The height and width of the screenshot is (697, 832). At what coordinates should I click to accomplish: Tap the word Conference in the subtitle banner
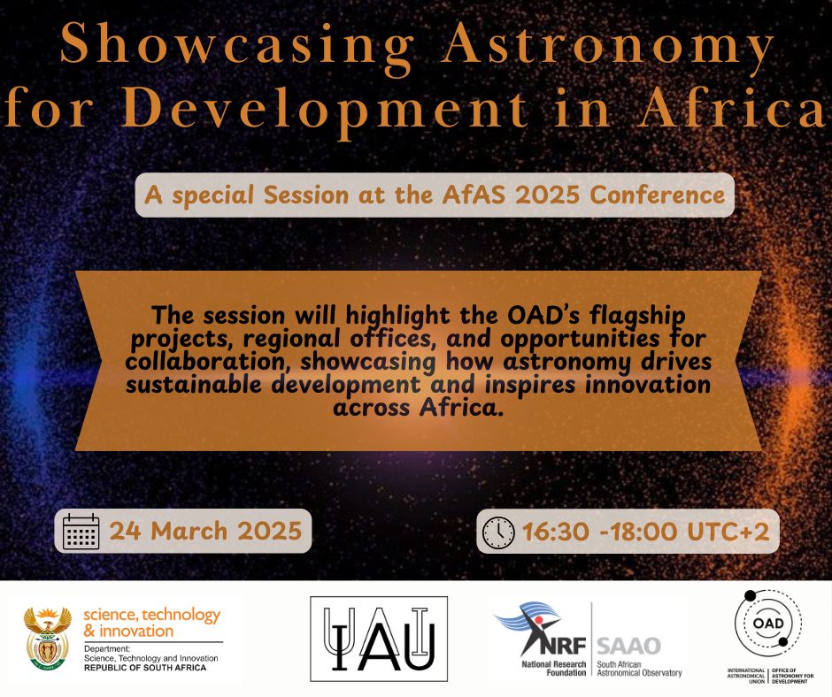click(x=657, y=195)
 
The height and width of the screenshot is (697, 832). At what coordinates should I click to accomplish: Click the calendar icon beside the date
click(x=81, y=531)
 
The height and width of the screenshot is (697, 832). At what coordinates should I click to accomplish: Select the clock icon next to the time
click(x=498, y=532)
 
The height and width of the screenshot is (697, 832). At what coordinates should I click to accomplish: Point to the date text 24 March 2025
click(x=206, y=531)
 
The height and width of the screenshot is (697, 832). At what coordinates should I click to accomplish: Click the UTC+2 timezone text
click(x=728, y=532)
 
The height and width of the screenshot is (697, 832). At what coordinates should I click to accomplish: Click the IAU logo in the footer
click(x=379, y=639)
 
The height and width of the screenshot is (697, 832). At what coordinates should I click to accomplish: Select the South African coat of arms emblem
click(x=48, y=639)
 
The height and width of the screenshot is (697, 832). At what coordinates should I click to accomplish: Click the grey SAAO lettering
click(x=628, y=646)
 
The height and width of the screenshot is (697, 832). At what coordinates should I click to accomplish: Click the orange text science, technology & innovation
click(x=151, y=623)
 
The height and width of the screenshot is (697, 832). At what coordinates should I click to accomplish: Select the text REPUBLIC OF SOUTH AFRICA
click(x=145, y=668)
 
